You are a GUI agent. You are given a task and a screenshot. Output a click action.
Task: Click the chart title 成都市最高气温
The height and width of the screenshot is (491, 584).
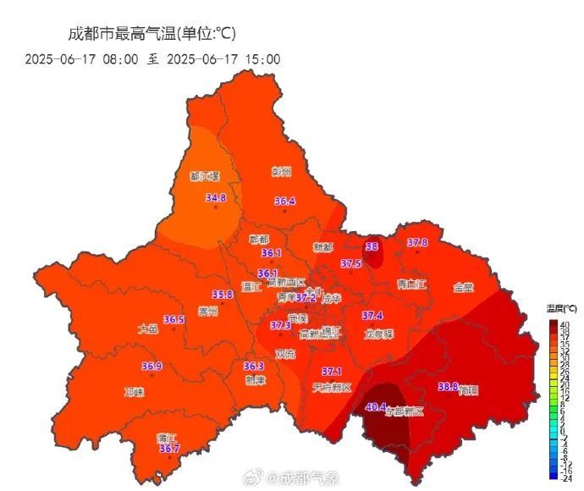(152, 34)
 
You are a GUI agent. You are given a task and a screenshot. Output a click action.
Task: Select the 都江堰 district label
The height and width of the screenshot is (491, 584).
(205, 177)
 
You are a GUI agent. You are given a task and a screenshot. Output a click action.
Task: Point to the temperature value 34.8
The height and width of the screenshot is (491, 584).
(216, 198)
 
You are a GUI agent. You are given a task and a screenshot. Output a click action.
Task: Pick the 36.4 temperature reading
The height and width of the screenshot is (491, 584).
(284, 201)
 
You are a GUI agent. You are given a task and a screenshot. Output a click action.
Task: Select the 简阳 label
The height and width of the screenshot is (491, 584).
(468, 391)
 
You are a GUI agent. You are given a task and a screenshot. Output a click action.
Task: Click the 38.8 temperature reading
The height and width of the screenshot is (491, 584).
(448, 387)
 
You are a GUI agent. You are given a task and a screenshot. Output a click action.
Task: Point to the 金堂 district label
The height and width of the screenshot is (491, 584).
(463, 287)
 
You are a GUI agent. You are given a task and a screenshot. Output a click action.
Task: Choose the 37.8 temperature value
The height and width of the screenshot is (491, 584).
(417, 243)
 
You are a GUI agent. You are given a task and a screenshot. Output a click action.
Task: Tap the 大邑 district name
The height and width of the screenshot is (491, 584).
(148, 329)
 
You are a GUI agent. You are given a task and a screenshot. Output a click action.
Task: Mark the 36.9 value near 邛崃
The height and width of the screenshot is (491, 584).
(152, 367)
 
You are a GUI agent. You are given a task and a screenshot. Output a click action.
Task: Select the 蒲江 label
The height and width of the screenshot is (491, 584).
(166, 438)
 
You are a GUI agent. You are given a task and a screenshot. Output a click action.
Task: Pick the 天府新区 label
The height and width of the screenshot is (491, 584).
(330, 387)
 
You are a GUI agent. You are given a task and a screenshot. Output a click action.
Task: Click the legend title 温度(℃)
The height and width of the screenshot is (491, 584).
(560, 308)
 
